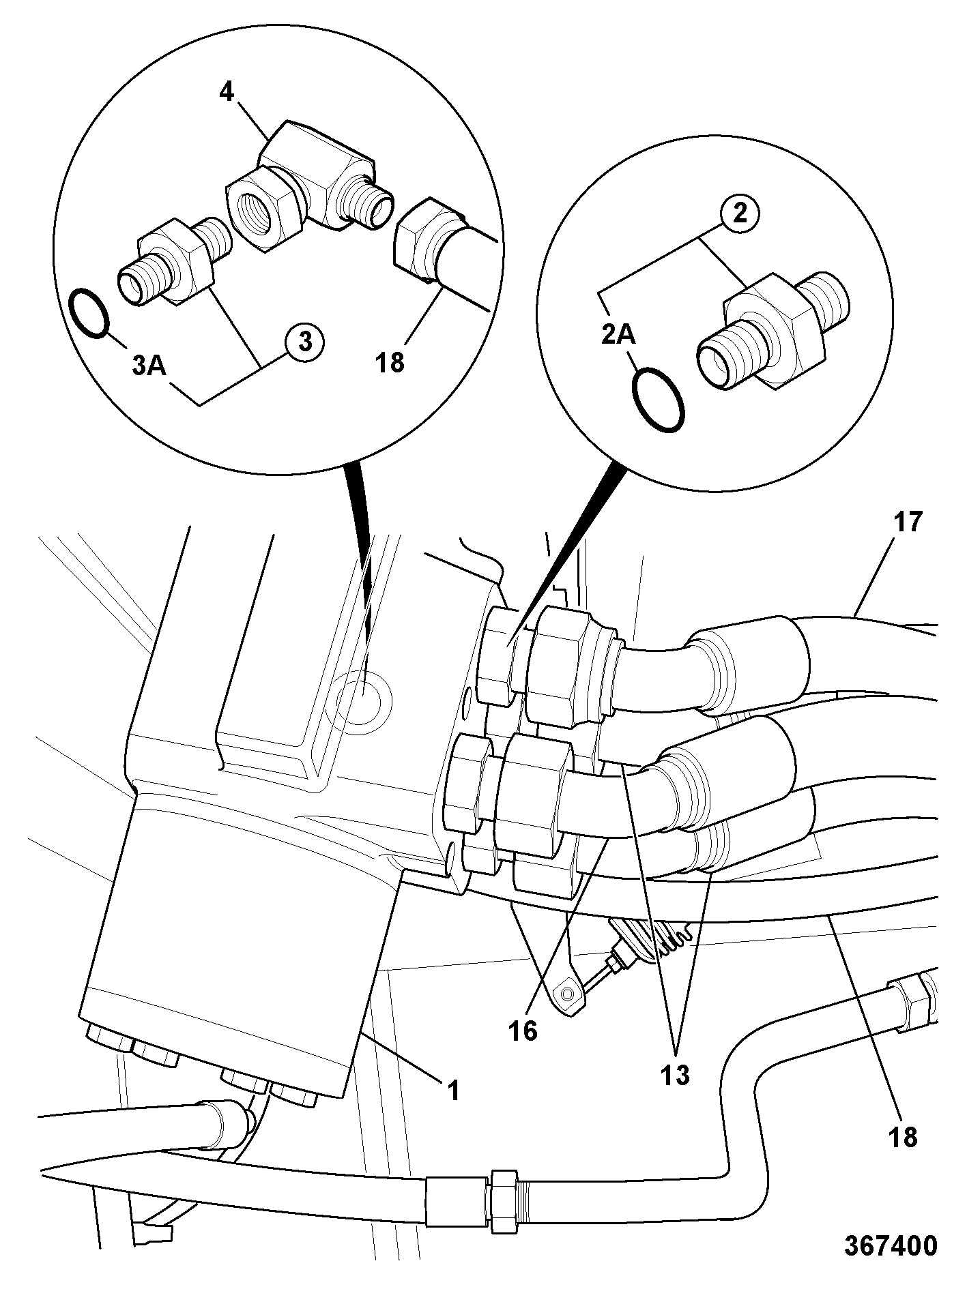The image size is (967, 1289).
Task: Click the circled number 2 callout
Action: click(740, 214)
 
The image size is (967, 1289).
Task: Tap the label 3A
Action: click(149, 366)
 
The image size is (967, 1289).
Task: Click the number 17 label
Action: click(907, 522)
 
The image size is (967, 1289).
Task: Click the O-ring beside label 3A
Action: click(89, 313)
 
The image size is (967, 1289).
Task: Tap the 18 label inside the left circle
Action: click(390, 362)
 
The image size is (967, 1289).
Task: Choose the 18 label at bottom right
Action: click(903, 1137)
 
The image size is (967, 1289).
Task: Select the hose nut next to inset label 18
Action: click(423, 241)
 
